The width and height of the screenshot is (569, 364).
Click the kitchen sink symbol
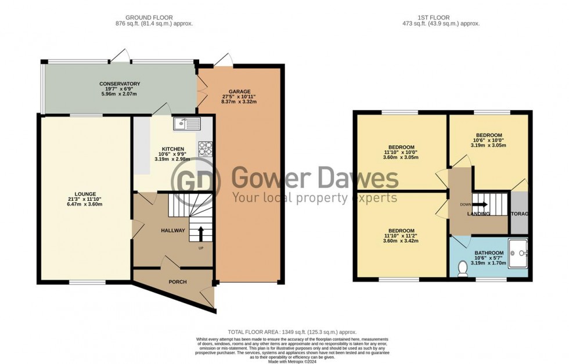pyautogui.click(x=186, y=122)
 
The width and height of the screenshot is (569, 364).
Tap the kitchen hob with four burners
pyautogui.click(x=206, y=148)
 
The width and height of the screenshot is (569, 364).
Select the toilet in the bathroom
pyautogui.click(x=463, y=269)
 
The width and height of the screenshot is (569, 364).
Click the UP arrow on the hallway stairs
pyautogui.click(x=201, y=233)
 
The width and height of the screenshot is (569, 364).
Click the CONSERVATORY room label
pyautogui.click(x=120, y=84)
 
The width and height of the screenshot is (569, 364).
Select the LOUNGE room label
pyautogui.click(x=85, y=194)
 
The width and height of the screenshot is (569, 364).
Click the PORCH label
pyautogui.click(x=178, y=282)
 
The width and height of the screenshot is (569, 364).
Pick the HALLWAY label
pyautogui.click(x=172, y=230)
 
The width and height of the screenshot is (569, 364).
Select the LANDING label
pyautogui.click(x=479, y=214)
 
